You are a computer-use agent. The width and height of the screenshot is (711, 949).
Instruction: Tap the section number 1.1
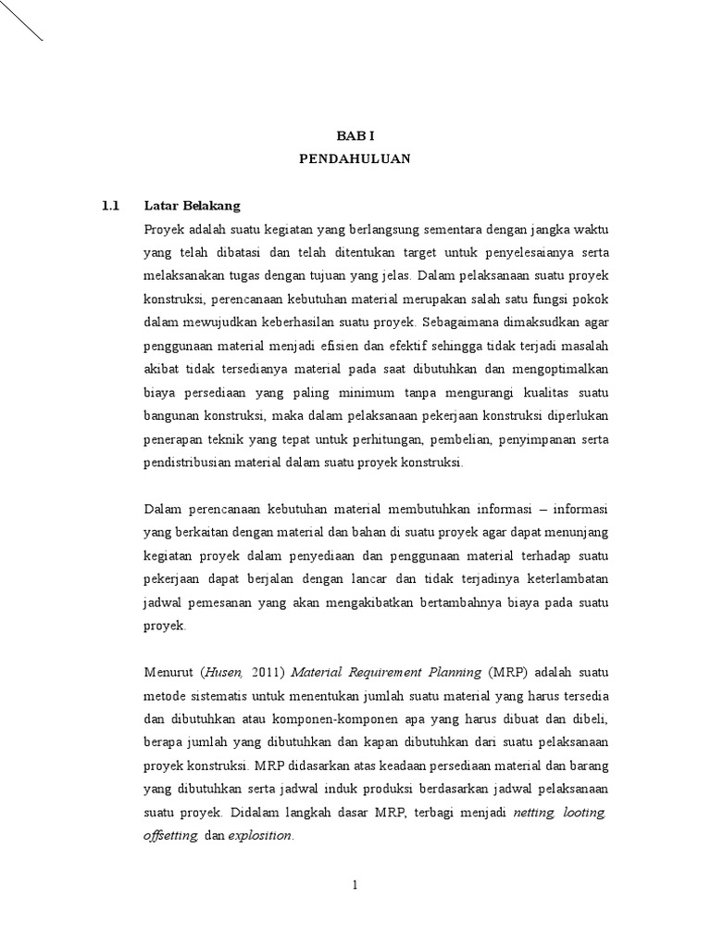(x=111, y=205)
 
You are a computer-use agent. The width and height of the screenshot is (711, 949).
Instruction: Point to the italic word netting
(x=533, y=812)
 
